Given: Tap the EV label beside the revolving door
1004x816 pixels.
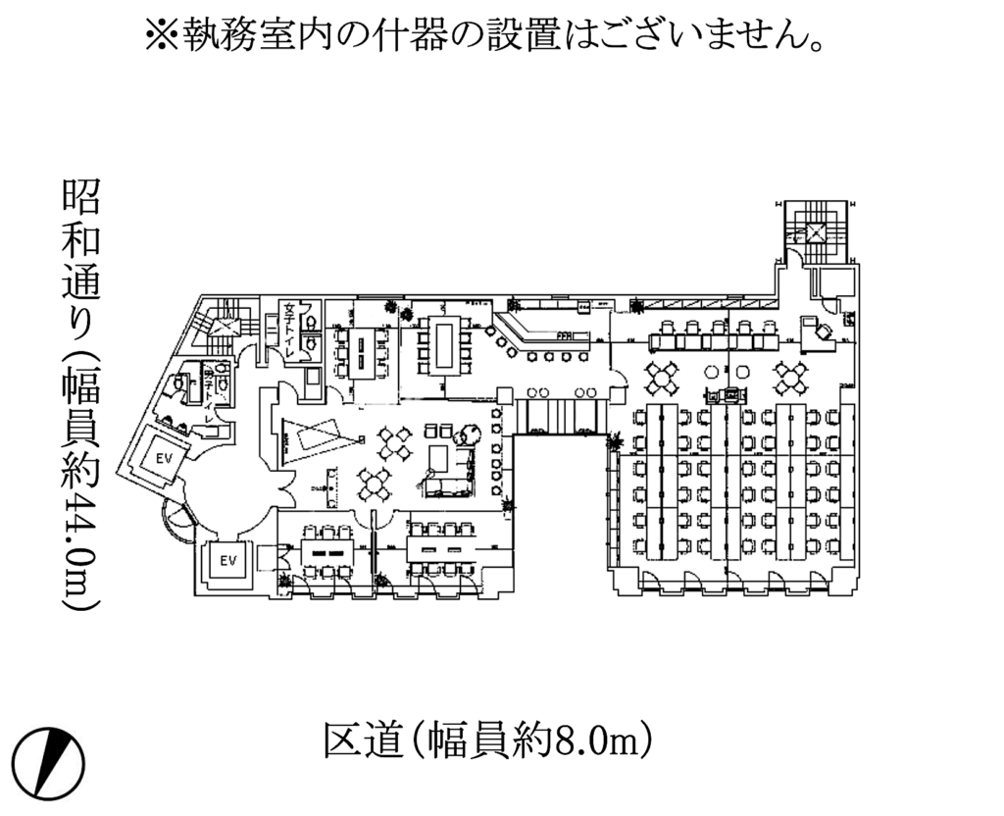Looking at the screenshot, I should pos(229,560).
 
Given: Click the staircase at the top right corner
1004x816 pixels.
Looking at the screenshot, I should pos(814,231).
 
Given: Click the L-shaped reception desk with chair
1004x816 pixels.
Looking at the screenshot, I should pos(817,332).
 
